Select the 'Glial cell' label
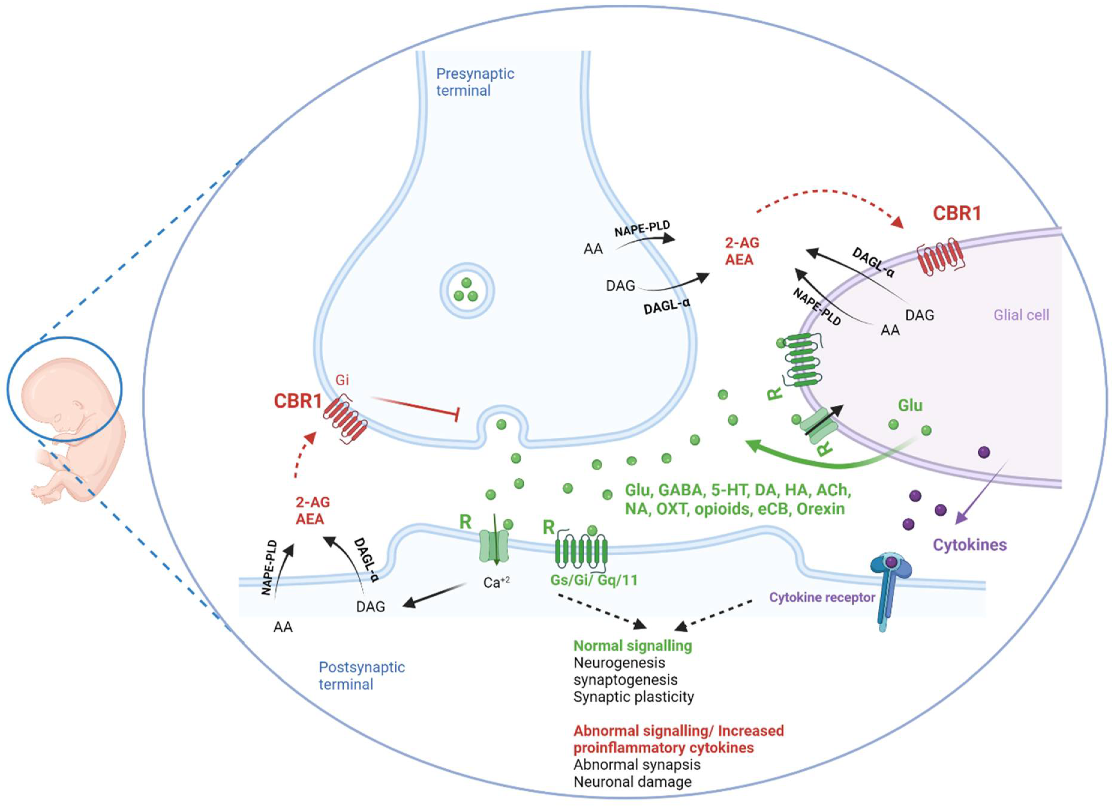1021,315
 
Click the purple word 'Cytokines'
970,545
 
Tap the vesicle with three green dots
466,291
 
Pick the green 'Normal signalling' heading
633,645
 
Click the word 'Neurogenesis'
619,663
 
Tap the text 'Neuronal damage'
632,781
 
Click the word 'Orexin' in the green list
820,509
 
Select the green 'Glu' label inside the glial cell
910,406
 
